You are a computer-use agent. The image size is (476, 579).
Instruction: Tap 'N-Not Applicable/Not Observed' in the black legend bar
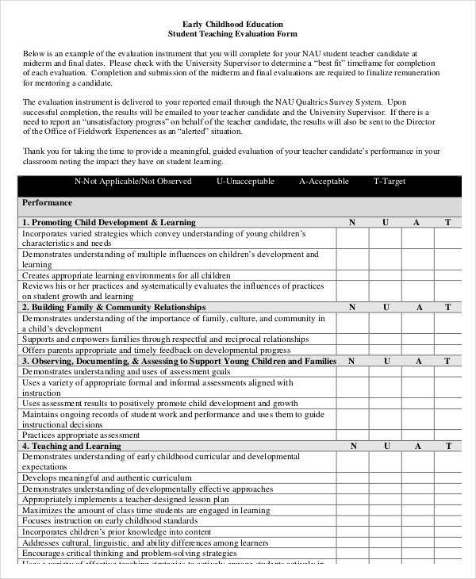(133, 182)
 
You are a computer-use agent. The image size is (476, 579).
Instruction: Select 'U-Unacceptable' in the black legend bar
(245, 182)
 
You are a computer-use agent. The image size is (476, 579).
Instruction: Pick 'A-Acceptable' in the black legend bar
(324, 182)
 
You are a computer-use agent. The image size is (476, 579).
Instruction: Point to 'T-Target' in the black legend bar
(390, 182)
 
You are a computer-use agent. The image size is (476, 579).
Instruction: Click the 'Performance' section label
(47, 203)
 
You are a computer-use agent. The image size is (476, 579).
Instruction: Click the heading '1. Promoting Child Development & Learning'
(109, 223)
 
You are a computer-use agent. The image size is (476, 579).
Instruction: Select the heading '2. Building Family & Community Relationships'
(113, 307)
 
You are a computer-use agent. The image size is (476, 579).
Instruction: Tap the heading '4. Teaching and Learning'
(71, 447)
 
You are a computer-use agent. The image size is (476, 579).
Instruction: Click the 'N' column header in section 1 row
(352, 223)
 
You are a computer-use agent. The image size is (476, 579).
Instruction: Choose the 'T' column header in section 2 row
(447, 307)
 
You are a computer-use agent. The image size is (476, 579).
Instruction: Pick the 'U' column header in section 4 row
(386, 447)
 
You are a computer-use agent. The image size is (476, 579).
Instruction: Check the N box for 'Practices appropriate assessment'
(352, 435)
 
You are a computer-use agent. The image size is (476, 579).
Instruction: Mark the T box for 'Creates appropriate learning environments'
(447, 275)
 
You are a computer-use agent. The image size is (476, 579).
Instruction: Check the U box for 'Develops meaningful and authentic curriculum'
(386, 478)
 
